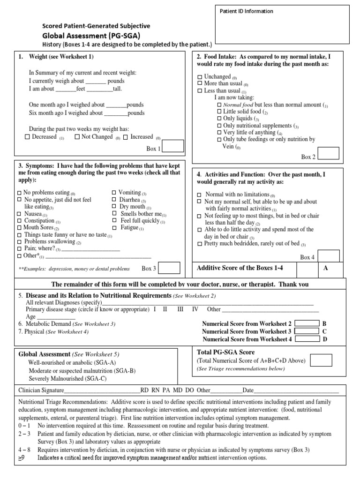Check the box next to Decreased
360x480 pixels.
point(27,137)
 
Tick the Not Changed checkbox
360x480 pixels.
point(77,137)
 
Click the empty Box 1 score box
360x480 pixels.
point(172,146)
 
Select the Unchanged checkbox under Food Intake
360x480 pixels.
point(200,77)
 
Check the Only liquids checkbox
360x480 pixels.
point(219,119)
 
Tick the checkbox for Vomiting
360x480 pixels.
point(114,193)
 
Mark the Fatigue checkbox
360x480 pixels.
point(114,228)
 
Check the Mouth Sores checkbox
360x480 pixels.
point(19,228)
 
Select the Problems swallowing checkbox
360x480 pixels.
point(19,242)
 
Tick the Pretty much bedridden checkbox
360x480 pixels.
point(200,244)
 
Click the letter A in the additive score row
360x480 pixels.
point(326,268)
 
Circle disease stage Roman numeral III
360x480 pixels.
point(180,309)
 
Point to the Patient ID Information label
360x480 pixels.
point(246,11)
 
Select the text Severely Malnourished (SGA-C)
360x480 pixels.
point(67,378)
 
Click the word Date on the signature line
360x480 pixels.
point(248,390)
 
